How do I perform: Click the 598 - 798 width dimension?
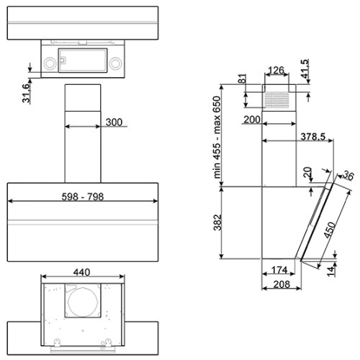[x=83, y=197]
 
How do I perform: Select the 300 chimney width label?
[x=114, y=122]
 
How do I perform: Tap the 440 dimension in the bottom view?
[x=82, y=272]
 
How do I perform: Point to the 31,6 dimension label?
[x=27, y=94]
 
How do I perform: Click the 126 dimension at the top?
[x=276, y=71]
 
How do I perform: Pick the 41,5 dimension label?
[x=305, y=69]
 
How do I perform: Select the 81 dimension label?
[x=243, y=78]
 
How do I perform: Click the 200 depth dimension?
[x=252, y=120]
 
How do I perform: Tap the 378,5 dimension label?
[x=313, y=137]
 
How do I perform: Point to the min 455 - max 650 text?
[x=217, y=138]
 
